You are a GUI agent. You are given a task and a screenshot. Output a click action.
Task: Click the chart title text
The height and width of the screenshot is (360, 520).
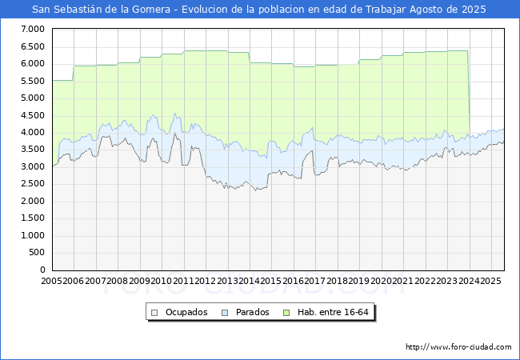pos(259,10)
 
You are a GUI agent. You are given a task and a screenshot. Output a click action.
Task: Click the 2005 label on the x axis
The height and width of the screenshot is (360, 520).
pos(52,282)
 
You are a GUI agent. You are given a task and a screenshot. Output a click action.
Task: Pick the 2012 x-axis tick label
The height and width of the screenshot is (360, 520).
pos(204,282)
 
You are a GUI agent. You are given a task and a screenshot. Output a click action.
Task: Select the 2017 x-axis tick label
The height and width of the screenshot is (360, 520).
pos(313,282)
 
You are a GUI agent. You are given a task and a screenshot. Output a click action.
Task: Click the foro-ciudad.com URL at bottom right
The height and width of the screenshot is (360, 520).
pos(458,347)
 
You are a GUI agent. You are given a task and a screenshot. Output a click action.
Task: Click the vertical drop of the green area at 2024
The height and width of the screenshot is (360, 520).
pos(469,92)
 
